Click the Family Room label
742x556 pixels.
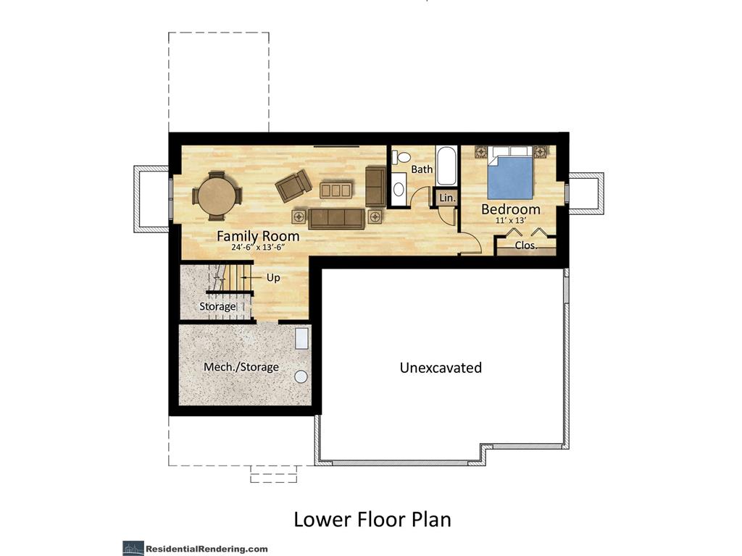point(258,236)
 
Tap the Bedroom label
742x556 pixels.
point(511,209)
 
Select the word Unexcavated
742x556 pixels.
point(441,367)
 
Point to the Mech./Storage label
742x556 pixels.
point(241,367)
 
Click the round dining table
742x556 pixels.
point(217,195)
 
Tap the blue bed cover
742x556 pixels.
point(511,178)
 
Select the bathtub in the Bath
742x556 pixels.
point(446,167)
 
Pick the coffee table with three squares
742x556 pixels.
point(336,190)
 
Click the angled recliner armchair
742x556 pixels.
point(294,185)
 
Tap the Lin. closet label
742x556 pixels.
point(447,198)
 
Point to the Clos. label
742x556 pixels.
point(526,245)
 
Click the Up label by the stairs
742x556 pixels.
point(273,277)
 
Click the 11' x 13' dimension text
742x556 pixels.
point(511,220)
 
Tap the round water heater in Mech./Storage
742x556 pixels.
point(301,376)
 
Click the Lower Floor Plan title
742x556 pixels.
point(372,518)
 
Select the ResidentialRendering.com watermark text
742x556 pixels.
point(207,549)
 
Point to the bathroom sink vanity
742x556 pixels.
point(399,189)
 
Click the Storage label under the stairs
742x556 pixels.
point(217,306)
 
